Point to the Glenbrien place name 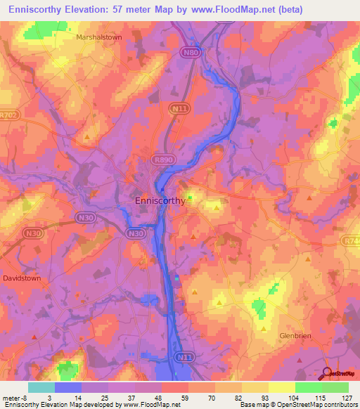coord(295,336)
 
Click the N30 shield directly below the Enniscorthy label coord(135,233)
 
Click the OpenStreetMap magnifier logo coord(328,372)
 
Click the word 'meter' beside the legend coord(11,397)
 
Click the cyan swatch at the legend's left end coord(41,387)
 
